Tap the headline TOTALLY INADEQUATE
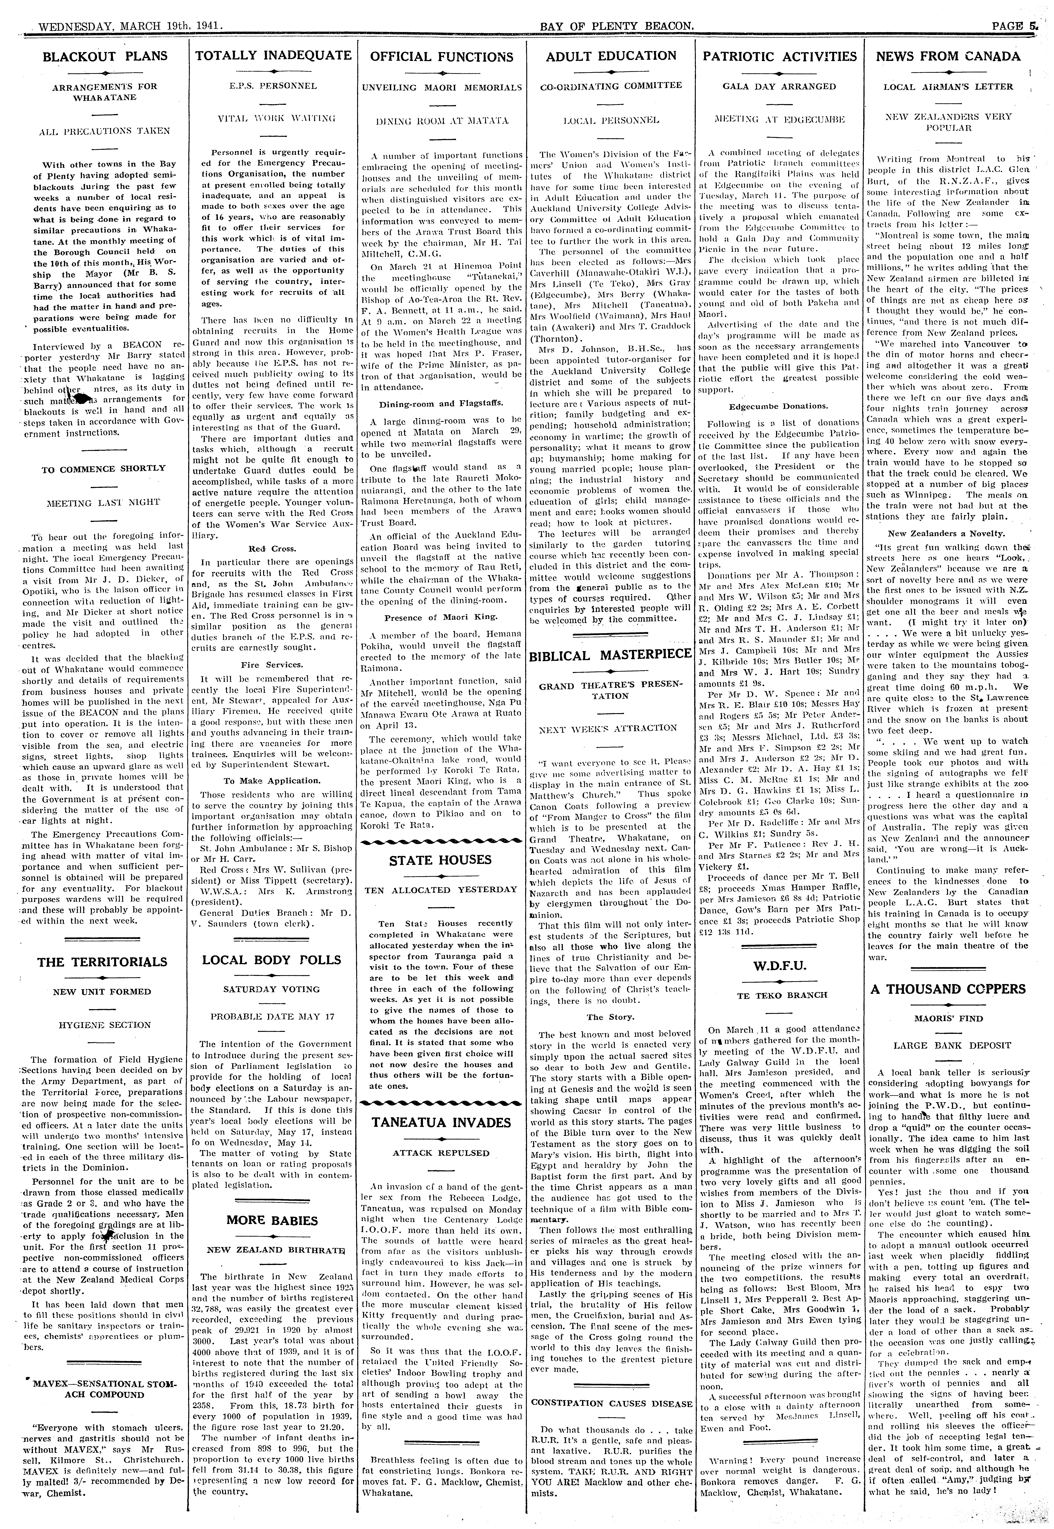pyautogui.click(x=273, y=55)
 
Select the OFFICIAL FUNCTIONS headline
pyautogui.click(x=441, y=57)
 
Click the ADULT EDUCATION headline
pyautogui.click(x=611, y=56)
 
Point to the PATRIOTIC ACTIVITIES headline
pyautogui.click(x=779, y=57)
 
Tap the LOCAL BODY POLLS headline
pyautogui.click(x=271, y=960)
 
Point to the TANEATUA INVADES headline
pyautogui.click(x=441, y=1122)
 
